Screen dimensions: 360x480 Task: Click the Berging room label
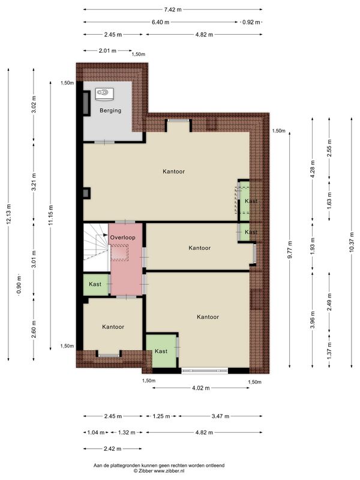click(110, 110)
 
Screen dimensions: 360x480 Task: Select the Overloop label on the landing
click(122, 237)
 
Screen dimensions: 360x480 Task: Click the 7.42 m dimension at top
click(173, 10)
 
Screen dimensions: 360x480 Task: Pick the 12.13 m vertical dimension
click(8, 214)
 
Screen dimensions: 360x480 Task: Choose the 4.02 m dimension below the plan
click(201, 388)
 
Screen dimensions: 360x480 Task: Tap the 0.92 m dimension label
click(251, 22)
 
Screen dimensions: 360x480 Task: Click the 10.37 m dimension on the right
click(351, 242)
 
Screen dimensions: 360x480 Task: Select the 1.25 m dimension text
click(161, 416)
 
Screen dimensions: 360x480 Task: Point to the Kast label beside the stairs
click(95, 284)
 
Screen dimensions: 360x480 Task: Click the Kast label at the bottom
click(161, 351)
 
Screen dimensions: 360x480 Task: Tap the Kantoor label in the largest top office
click(173, 172)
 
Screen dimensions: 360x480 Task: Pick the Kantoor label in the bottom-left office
click(113, 327)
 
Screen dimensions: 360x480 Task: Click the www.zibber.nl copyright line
click(159, 471)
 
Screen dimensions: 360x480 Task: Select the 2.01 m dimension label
click(107, 50)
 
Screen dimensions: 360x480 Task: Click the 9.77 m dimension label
click(290, 250)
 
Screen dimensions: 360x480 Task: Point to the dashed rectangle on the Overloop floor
click(119, 252)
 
